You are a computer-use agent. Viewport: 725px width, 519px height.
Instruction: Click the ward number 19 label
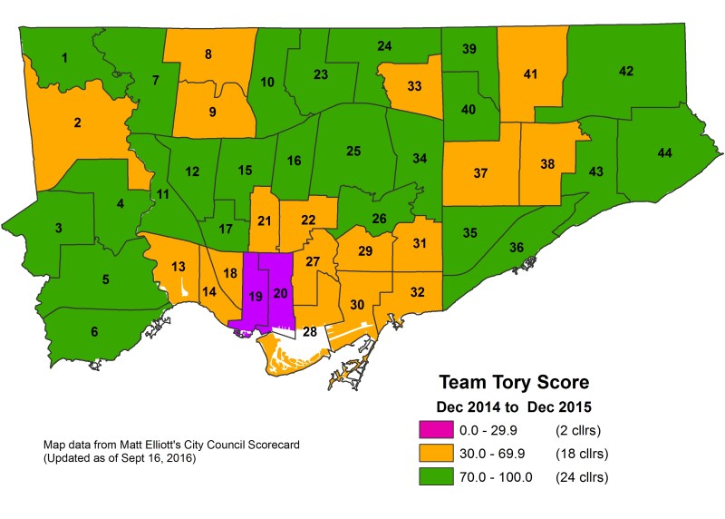click(256, 296)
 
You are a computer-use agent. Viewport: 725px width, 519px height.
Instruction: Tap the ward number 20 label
click(280, 292)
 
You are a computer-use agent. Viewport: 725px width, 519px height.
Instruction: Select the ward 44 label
click(664, 153)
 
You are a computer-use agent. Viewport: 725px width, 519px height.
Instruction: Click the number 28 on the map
click(310, 332)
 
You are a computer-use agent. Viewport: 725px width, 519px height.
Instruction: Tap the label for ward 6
click(94, 333)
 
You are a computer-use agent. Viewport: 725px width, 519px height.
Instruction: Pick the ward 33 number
click(414, 86)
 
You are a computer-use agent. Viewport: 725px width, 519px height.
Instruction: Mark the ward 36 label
click(516, 248)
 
